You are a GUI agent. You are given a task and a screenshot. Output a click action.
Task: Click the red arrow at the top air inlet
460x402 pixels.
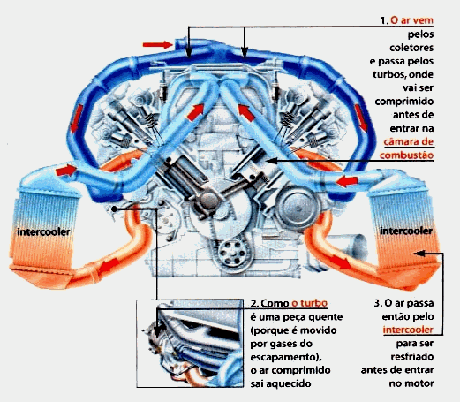[x=157, y=45]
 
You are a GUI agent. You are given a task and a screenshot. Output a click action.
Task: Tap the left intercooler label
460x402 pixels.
[x=43, y=232]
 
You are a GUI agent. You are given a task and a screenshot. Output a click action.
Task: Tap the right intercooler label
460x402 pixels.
[x=406, y=231]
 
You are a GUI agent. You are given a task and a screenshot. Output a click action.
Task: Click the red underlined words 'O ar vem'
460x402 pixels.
[x=411, y=20]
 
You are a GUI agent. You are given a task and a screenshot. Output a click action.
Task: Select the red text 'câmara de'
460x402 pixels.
[x=409, y=142]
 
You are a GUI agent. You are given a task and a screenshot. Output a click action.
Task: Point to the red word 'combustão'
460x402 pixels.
[x=406, y=155]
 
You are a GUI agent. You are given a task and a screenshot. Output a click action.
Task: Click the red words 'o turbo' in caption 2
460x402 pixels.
[x=309, y=303]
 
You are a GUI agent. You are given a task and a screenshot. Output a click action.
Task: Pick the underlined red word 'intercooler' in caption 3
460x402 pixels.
[x=408, y=330]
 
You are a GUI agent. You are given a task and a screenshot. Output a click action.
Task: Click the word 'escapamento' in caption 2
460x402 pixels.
[x=283, y=357]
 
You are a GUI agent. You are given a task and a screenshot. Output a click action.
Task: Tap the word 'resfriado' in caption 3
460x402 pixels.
[x=412, y=357]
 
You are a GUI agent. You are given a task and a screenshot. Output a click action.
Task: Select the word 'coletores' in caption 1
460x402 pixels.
[x=411, y=48]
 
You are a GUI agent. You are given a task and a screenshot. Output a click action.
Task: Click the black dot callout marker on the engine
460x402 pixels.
[x=115, y=209]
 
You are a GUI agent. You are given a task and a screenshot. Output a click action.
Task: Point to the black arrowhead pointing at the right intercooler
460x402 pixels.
[x=421, y=254]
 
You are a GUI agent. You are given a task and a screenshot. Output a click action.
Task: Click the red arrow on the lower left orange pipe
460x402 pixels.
[x=109, y=266]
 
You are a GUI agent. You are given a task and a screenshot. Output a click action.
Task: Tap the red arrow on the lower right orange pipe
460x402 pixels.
[x=340, y=262]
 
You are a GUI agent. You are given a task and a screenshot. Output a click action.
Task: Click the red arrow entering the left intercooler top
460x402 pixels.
[x=66, y=171]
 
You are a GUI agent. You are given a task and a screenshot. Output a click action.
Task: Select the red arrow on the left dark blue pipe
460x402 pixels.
[x=77, y=118]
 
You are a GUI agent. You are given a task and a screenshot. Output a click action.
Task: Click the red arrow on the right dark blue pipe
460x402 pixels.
[x=361, y=118]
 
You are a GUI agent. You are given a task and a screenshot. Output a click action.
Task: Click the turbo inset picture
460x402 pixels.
[x=190, y=344]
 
